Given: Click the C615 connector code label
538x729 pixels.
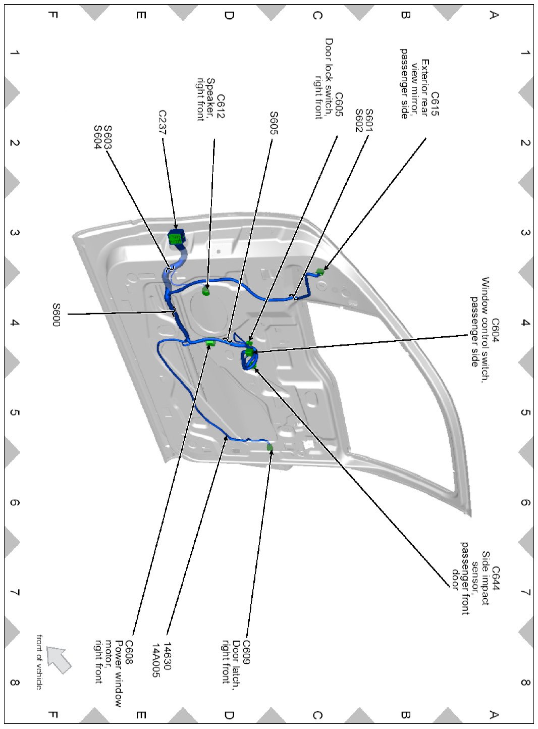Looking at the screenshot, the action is coord(435,103).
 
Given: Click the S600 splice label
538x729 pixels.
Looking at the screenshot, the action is coord(56,314).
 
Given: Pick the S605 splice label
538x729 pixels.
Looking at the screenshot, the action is coord(273,123).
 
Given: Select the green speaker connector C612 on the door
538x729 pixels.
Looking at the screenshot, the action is coord(206,292).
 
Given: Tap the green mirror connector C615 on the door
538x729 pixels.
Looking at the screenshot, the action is coord(319,272).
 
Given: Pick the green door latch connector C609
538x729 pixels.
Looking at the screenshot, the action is coord(270,447).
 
